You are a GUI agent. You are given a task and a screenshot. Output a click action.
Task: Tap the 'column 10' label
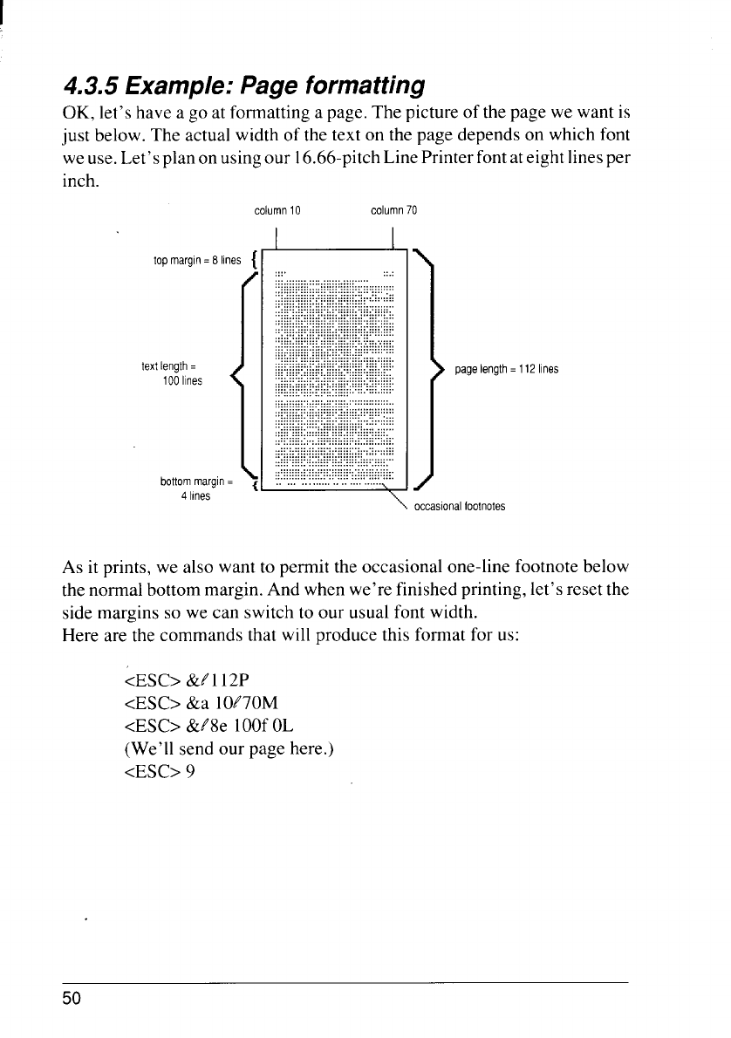pos(277,210)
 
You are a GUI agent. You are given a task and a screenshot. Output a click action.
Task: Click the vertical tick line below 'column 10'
pos(276,237)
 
